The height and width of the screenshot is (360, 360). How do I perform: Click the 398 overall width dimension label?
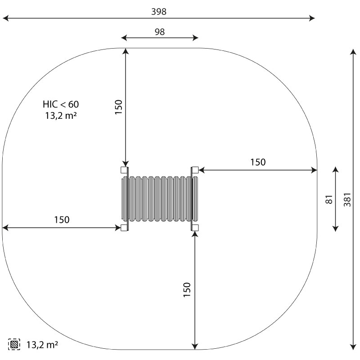[159, 12]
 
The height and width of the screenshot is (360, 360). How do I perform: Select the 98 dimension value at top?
[160, 31]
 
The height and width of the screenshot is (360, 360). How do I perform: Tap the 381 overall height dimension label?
[347, 199]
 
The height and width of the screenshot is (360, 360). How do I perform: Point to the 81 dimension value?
[329, 199]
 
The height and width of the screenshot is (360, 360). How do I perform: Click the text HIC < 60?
[61, 104]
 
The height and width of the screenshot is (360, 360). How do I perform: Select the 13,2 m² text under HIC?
[61, 115]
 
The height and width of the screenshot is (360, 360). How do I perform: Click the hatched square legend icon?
[14, 344]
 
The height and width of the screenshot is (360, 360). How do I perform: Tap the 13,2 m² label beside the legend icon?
[42, 344]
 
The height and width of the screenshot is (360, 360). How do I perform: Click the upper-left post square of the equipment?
[124, 170]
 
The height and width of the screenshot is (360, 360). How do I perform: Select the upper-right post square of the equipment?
[195, 170]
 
